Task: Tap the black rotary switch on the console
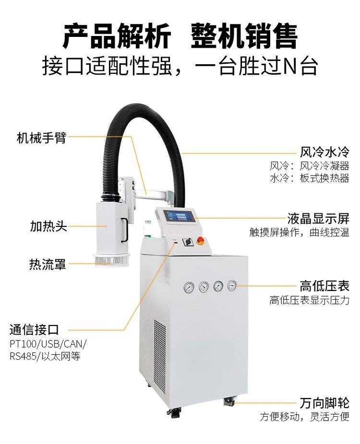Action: coord(187,242)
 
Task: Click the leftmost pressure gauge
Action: coord(189,287)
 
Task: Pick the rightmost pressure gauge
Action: coord(232,286)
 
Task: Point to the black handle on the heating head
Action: coord(124,230)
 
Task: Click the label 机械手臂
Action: coord(41,138)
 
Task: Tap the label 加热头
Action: coord(48,226)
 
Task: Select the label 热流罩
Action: coord(48,264)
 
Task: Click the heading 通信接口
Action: coord(34,329)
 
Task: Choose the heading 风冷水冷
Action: coord(324,152)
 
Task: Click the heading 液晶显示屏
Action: coord(318,219)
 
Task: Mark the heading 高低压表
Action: coord(324,286)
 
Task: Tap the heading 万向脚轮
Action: coord(324,403)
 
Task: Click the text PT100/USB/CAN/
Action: coord(48,344)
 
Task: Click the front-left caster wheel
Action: coord(174,412)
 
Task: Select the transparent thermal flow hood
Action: coord(111,260)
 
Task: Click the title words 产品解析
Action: coord(117,36)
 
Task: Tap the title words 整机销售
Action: coord(244,36)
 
